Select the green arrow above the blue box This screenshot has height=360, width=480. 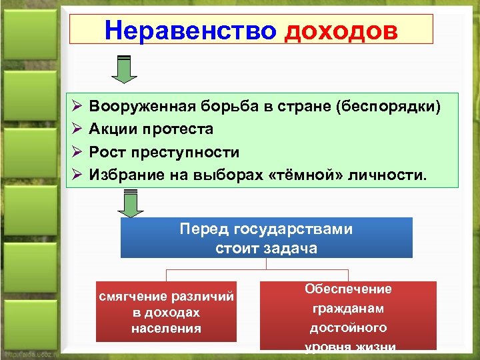(132, 204)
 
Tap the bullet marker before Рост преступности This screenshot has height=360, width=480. (76, 152)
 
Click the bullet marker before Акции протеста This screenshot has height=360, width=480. (76, 129)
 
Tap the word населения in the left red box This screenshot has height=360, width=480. (166, 328)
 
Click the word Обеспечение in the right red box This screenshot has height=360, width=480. (348, 289)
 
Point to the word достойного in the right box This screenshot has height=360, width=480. (348, 327)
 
